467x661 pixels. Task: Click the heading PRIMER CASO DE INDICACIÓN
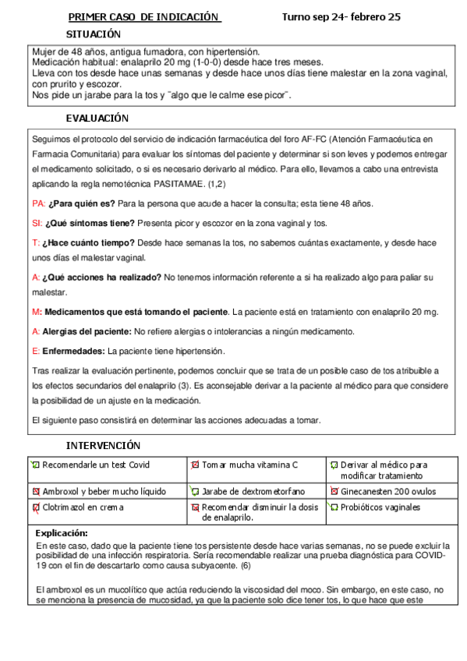click(x=144, y=17)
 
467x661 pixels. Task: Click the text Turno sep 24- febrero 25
click(x=341, y=17)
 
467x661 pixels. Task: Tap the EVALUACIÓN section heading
click(x=97, y=118)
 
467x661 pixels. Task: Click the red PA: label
click(x=39, y=203)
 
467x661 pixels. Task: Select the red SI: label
click(x=37, y=223)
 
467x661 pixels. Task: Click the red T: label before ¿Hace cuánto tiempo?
click(x=36, y=243)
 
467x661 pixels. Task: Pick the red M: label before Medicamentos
click(x=37, y=312)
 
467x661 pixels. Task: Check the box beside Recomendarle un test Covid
click(x=36, y=465)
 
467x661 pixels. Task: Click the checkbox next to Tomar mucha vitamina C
click(x=195, y=465)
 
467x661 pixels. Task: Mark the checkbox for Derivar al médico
click(x=334, y=465)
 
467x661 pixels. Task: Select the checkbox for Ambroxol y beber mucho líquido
click(x=36, y=492)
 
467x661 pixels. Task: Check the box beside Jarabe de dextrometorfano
click(x=195, y=492)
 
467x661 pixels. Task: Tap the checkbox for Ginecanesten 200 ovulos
click(x=334, y=492)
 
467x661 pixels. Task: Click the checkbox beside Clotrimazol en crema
click(x=36, y=507)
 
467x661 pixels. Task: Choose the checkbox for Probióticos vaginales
click(x=334, y=507)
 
